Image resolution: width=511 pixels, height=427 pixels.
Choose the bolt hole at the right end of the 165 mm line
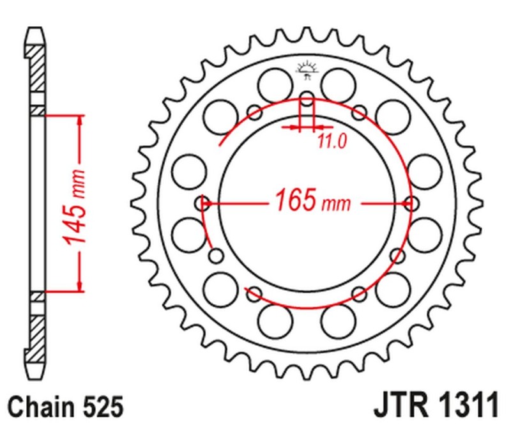click(x=412, y=204)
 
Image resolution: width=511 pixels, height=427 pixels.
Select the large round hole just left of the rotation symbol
click(x=273, y=83)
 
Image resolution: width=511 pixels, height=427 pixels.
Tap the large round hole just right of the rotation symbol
click(x=339, y=83)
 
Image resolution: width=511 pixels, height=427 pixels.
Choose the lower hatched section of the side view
click(x=38, y=336)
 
